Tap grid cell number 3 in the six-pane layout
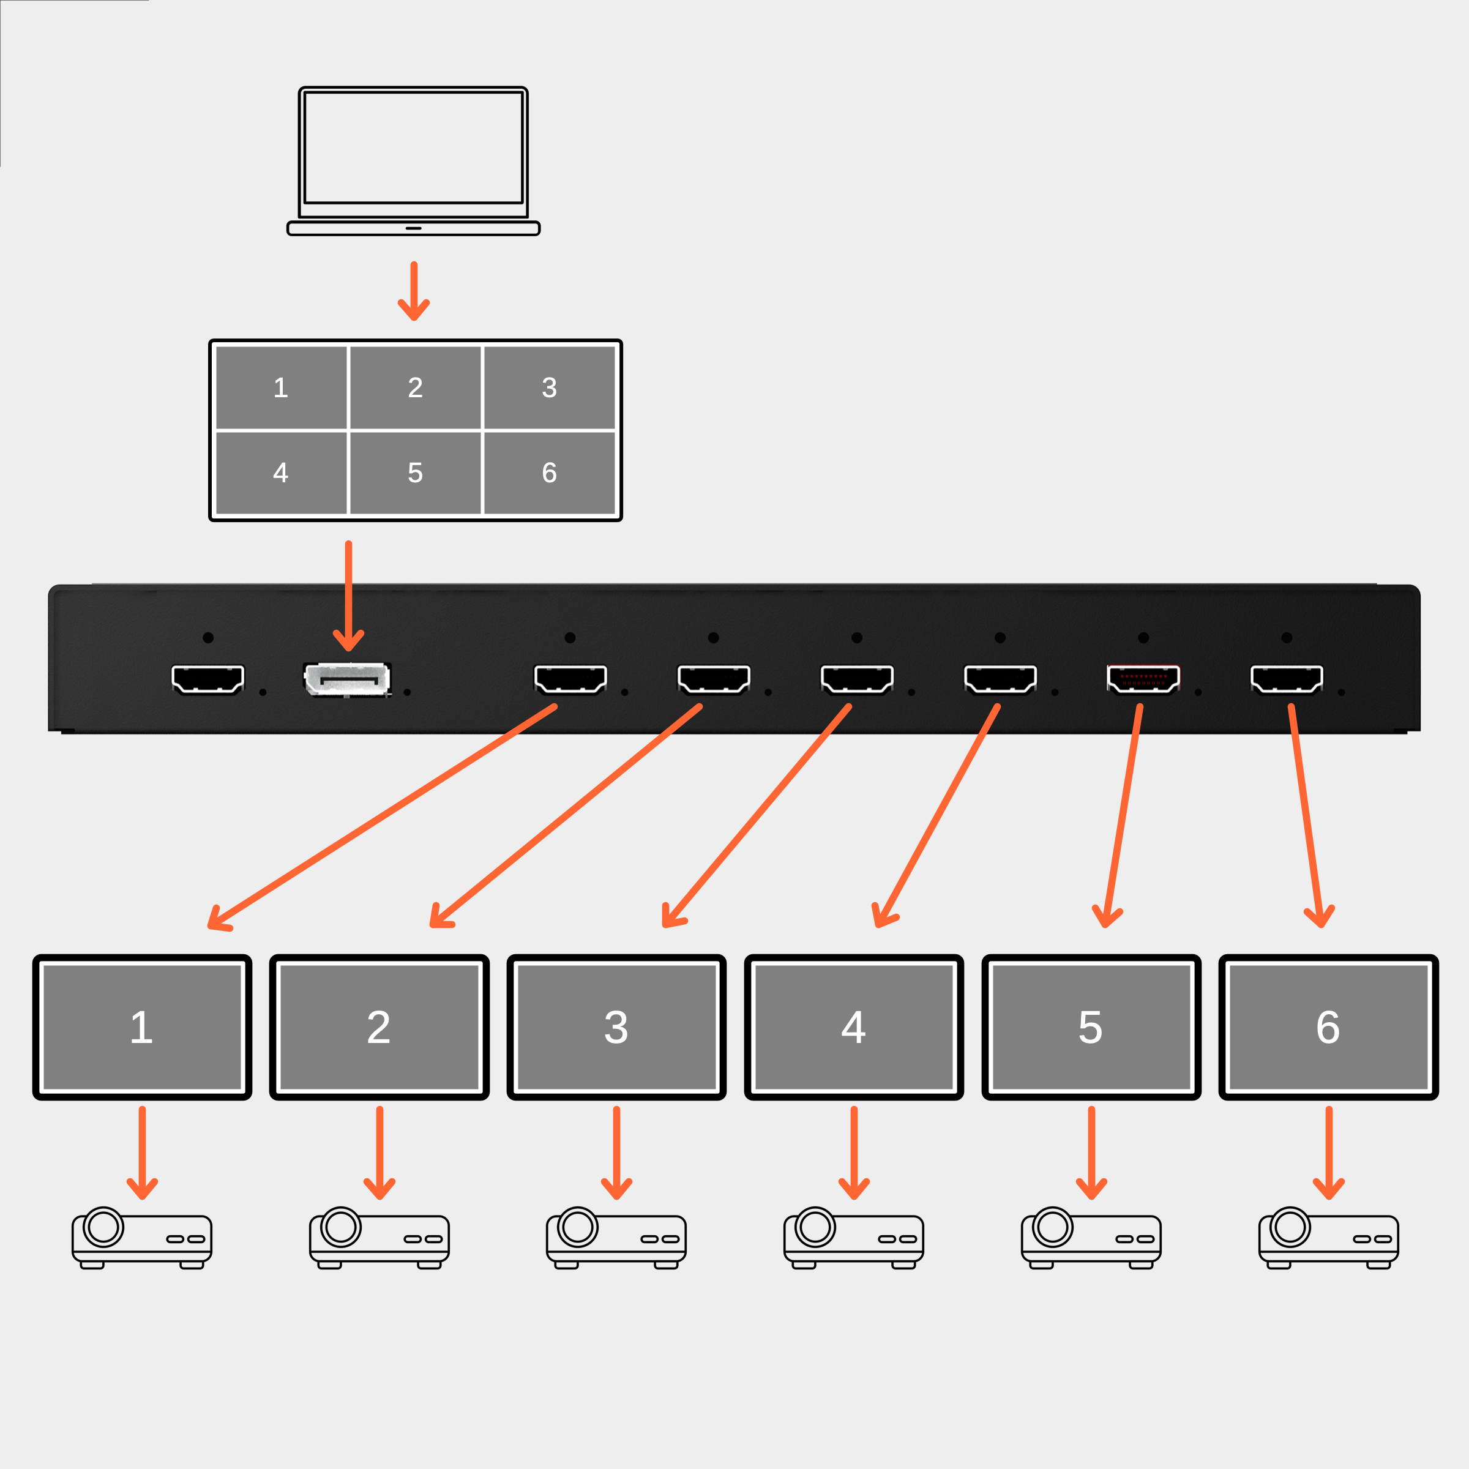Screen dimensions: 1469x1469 (x=549, y=388)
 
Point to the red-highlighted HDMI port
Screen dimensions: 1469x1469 (x=1143, y=679)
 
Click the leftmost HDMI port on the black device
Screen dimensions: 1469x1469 (x=207, y=679)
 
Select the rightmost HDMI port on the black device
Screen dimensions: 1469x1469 (x=1287, y=679)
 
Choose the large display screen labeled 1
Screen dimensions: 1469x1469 (x=142, y=1026)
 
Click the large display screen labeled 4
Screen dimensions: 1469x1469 (x=854, y=1026)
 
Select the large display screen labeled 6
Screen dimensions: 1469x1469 (x=1328, y=1026)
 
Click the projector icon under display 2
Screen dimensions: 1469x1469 (x=379, y=1239)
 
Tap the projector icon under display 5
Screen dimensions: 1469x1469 (x=1091, y=1239)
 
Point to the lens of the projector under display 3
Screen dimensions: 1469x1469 (x=577, y=1227)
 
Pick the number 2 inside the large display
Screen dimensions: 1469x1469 (x=379, y=1027)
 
